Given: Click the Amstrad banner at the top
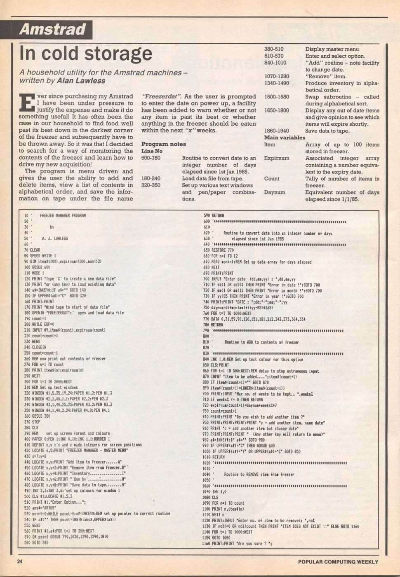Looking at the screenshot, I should (52, 30).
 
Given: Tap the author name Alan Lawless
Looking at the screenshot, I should (81, 81).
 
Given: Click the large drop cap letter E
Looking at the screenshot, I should (27, 103).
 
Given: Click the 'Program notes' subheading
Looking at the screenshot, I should (163, 144).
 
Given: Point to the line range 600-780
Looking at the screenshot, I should (151, 158).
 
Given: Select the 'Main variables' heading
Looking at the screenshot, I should (285, 138).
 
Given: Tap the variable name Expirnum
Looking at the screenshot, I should (276, 158).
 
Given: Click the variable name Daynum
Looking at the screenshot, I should (275, 192).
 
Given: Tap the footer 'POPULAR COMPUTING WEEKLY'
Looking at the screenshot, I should (338, 562).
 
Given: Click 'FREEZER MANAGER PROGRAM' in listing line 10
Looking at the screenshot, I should (63, 215).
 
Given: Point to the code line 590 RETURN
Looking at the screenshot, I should (214, 215).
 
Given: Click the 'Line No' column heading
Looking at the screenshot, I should (152, 151).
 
